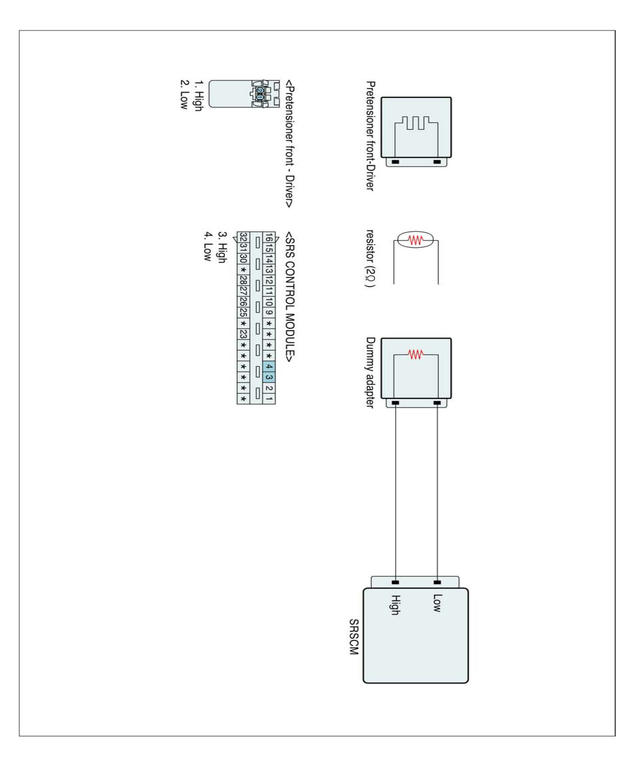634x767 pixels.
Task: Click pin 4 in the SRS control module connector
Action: tap(269, 366)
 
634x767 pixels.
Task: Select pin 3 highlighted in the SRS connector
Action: tap(269, 377)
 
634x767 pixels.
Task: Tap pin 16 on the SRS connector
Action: tap(269, 238)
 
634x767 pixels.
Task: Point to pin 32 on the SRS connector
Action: tap(243, 238)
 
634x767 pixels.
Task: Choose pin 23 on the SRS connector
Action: tap(243, 334)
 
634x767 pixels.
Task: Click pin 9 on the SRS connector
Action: tap(269, 313)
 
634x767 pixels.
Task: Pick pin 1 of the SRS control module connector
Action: tap(269, 399)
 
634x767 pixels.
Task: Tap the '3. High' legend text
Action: tap(222, 247)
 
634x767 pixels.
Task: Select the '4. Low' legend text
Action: tap(208, 246)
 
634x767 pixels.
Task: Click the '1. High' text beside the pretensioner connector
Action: tap(198, 96)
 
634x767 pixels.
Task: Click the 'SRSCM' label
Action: tap(353, 637)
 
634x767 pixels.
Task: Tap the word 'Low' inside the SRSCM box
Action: tap(437, 603)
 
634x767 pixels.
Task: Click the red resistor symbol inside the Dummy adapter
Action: tap(416, 354)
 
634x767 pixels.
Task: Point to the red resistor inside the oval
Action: tap(416, 240)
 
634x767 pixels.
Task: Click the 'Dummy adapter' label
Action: tap(370, 372)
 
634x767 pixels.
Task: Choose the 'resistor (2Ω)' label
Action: tap(370, 258)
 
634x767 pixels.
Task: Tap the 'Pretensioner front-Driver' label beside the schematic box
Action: tap(370, 136)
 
